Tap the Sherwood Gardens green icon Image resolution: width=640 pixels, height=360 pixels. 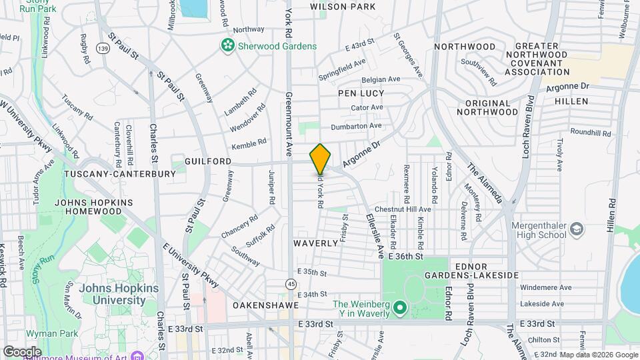(x=228, y=45)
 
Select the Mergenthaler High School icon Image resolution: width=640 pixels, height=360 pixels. (x=577, y=231)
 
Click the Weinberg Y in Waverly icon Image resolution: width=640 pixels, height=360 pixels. (x=399, y=308)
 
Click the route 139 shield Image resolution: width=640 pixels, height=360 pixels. (x=102, y=49)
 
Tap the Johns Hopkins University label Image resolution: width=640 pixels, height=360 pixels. (x=112, y=294)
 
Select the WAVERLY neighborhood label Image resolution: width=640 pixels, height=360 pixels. (x=316, y=243)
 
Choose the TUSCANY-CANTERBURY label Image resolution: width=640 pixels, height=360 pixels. (x=120, y=174)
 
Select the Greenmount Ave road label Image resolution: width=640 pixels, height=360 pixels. (x=289, y=123)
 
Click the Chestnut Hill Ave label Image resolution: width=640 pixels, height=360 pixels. (x=403, y=209)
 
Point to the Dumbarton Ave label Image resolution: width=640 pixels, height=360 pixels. (x=357, y=125)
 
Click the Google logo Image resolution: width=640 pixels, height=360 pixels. (x=22, y=351)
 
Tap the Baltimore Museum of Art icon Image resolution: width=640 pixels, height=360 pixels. (x=137, y=356)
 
